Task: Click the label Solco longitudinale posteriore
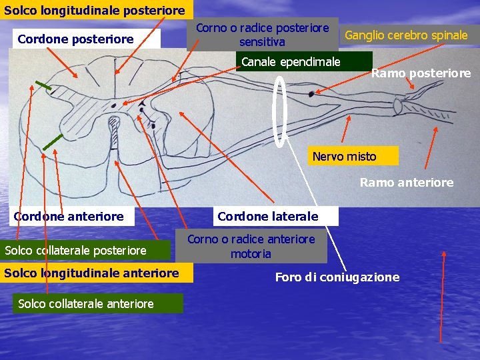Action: (x=94, y=10)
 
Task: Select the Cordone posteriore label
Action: (x=75, y=39)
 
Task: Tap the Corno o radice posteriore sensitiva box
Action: (x=262, y=35)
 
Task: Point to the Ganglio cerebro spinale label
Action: (x=406, y=35)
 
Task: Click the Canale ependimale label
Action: (x=291, y=62)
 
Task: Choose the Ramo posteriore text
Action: (x=421, y=73)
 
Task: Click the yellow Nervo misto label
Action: (x=344, y=157)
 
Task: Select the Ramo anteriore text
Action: (x=406, y=182)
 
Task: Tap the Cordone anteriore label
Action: (x=69, y=216)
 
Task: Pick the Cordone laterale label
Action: (x=268, y=216)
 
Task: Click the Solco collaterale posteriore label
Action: (x=75, y=251)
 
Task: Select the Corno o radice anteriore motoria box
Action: (x=251, y=246)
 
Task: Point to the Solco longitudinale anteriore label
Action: (x=91, y=273)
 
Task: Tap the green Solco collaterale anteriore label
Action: (x=86, y=304)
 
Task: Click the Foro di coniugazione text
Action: (x=337, y=277)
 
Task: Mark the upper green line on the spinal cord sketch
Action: (x=44, y=85)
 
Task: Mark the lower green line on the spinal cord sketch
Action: (x=53, y=142)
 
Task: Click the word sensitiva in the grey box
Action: (x=262, y=41)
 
